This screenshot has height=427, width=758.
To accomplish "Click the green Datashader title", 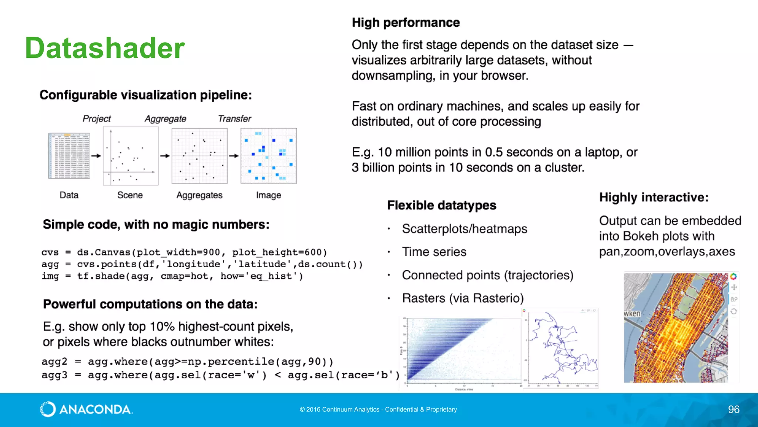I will point(105,48).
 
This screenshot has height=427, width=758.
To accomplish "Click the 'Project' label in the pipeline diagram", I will point(97,119).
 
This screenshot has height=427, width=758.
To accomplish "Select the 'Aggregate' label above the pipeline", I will point(165,119).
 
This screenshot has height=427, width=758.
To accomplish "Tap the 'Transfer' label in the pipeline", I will point(234,119).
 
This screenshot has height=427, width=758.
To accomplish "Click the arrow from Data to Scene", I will point(96,156).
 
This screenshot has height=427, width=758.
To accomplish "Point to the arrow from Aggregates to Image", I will point(234,156).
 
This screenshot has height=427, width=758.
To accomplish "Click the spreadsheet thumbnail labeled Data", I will point(69,156).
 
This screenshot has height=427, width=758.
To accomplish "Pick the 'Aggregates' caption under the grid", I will point(199,195).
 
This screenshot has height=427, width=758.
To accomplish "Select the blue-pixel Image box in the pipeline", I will point(268,156).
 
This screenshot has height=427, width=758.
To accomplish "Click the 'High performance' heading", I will point(406,23).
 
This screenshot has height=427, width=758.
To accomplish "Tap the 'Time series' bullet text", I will point(434,252).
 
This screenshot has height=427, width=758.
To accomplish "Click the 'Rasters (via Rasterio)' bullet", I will point(463,298).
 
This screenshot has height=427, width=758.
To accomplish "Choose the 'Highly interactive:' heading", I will point(654,197).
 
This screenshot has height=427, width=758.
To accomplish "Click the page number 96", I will point(733,409).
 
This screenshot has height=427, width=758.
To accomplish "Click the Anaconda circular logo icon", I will point(48,409).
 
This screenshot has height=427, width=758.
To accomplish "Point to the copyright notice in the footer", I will point(378,410).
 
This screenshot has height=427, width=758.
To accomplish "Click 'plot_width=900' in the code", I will point(178,252).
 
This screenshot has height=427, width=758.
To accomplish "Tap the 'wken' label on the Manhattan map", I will point(632,314).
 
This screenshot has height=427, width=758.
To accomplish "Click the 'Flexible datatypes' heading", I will point(442,205).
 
